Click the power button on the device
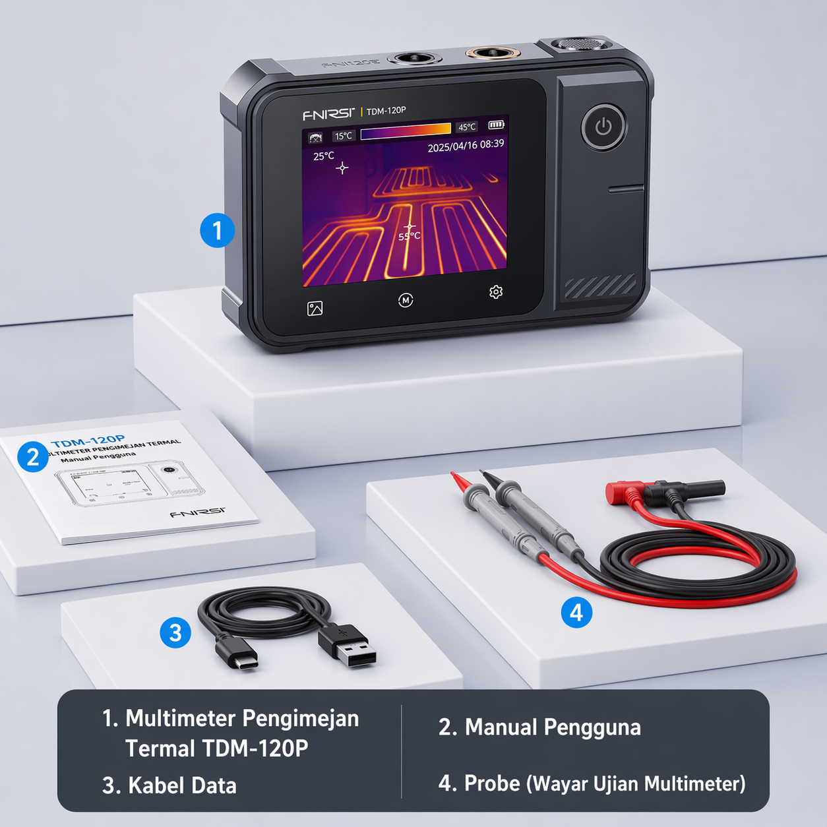pyautogui.click(x=603, y=127)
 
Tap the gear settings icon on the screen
pyautogui.click(x=496, y=292)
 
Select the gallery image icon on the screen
pyautogui.click(x=315, y=308)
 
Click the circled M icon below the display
pyautogui.click(x=406, y=301)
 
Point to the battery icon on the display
pyautogui.click(x=496, y=125)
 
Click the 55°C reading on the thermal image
pyautogui.click(x=409, y=236)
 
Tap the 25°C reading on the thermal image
pyautogui.click(x=324, y=156)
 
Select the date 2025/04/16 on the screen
pyautogui.click(x=452, y=146)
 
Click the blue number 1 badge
pyautogui.click(x=217, y=230)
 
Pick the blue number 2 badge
pyautogui.click(x=33, y=456)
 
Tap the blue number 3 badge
pyautogui.click(x=175, y=632)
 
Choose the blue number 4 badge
pyautogui.click(x=576, y=612)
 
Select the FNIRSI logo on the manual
pyautogui.click(x=197, y=512)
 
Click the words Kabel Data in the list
pyautogui.click(x=182, y=785)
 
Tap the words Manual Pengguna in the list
pyautogui.click(x=553, y=727)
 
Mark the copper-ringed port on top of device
pyautogui.click(x=489, y=53)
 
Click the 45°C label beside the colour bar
pyautogui.click(x=467, y=127)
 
